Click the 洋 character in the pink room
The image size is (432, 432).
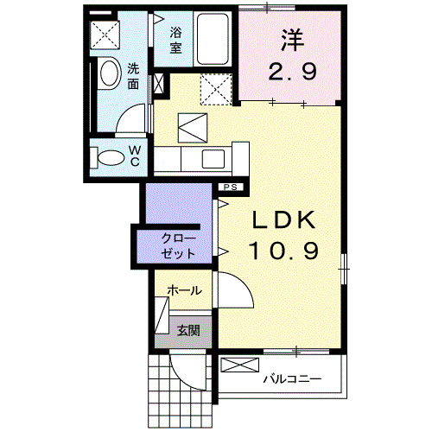pyautogui.click(x=291, y=40)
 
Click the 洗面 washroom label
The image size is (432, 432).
pyautogui.click(x=134, y=75)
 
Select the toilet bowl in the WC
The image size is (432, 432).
pyautogui.click(x=110, y=158)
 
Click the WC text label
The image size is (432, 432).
pyautogui.click(x=136, y=156)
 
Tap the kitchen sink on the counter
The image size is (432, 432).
pyautogui.click(x=213, y=157)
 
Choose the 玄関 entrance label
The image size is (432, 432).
pyautogui.click(x=188, y=328)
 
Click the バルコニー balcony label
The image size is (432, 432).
pyautogui.click(x=292, y=378)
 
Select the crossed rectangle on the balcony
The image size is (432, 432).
pyautogui.click(x=239, y=364)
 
